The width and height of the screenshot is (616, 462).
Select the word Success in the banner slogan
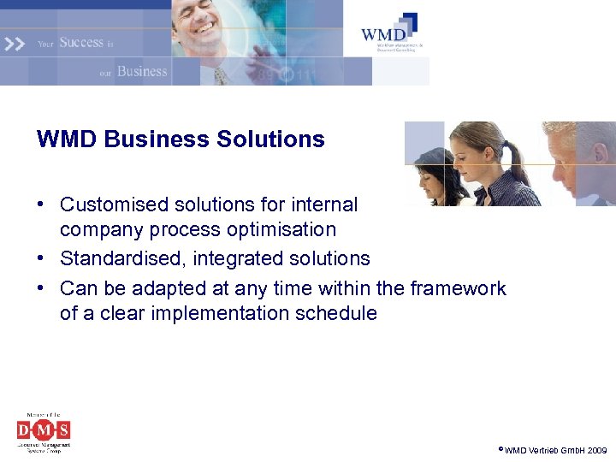[81, 42]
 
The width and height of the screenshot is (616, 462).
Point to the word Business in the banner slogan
[142, 71]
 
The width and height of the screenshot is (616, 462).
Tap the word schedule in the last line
[335, 314]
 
